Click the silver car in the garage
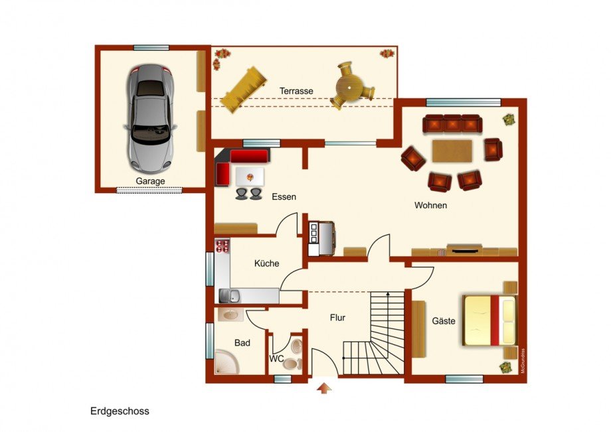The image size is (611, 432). point(151,119)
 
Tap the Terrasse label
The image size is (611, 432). point(296,91)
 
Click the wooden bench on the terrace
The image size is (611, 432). point(244,90)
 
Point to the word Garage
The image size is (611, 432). point(150,181)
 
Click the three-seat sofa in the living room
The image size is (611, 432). point(452,123)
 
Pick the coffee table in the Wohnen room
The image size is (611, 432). point(452,151)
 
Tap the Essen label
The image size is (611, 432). point(284,196)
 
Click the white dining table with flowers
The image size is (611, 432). point(250,177)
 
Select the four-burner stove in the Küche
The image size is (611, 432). point(222,246)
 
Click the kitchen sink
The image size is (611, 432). point(230,296)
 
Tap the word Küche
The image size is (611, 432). point(266,263)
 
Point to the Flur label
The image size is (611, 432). point(337,318)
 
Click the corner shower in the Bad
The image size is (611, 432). point(227,361)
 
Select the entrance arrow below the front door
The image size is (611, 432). point(324,388)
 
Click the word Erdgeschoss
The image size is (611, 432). point(120,411)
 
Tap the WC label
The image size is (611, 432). point(276,358)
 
